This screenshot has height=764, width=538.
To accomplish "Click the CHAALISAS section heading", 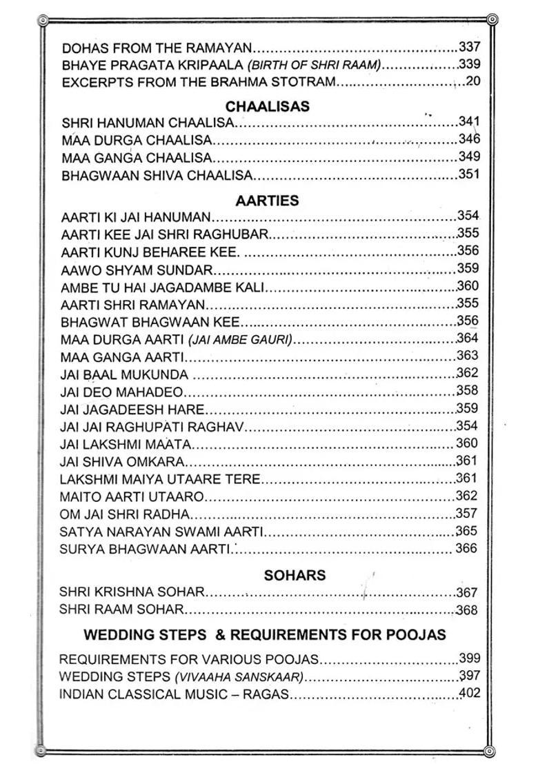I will [268, 107].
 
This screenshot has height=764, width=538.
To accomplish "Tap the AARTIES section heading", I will [267, 201].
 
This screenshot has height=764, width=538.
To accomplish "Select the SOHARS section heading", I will [295, 574].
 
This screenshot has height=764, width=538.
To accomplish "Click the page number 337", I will [469, 48].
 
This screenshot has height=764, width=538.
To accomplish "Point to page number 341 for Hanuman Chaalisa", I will [469, 122].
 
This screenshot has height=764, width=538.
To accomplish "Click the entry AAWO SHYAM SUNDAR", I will [137, 270].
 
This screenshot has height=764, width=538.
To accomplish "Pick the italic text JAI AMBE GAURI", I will [241, 339].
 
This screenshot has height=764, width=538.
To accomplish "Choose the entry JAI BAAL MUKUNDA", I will [124, 375].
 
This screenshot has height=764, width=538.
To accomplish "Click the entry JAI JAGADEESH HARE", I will [128, 410].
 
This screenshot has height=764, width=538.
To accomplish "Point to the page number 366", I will [466, 549].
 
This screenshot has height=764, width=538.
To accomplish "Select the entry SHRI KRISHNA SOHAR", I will [132, 592].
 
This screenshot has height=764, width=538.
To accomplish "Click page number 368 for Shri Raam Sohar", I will [466, 610].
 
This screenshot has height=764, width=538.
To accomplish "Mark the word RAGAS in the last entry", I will [266, 694].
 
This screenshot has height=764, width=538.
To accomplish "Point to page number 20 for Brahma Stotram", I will [472, 82].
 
